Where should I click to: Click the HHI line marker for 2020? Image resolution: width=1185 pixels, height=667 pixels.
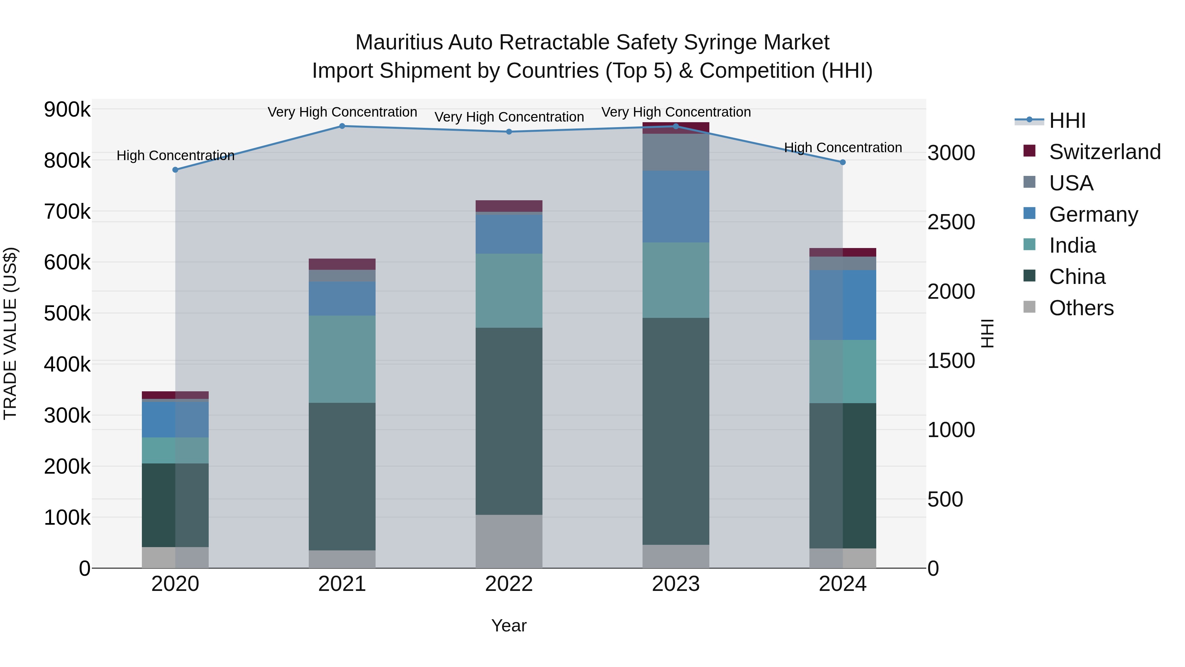click(175, 170)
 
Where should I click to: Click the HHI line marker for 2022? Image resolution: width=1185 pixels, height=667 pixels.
click(509, 132)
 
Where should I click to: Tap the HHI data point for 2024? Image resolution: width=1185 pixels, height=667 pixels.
click(842, 162)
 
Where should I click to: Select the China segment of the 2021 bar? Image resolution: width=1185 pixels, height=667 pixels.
click(342, 476)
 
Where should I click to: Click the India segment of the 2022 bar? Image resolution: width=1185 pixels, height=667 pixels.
click(509, 291)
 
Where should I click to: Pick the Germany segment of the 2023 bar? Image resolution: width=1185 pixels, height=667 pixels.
click(675, 206)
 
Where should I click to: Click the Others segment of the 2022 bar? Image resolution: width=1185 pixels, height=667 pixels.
click(509, 541)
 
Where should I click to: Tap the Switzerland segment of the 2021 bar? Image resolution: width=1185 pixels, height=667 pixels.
click(342, 264)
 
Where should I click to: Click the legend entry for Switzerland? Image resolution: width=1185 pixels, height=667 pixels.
click(1104, 152)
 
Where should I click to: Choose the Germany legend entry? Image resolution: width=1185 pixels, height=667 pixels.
click(1093, 214)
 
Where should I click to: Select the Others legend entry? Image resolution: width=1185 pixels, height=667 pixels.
click(1081, 308)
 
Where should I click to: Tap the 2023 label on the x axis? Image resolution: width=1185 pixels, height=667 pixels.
click(675, 584)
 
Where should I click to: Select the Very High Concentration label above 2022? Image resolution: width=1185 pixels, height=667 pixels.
click(509, 117)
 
